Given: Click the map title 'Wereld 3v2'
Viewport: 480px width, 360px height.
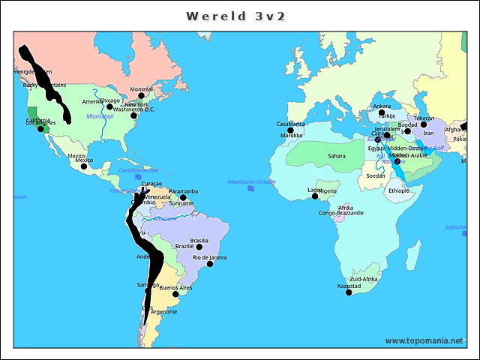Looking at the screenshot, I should click(235, 16).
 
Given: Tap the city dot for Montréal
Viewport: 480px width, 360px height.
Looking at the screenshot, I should click(141, 95).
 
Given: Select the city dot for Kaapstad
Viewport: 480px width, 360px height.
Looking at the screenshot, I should click(349, 292).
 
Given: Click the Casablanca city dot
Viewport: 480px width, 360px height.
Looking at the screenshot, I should click(290, 130).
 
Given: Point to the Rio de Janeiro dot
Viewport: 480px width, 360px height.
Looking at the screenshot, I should click(210, 263).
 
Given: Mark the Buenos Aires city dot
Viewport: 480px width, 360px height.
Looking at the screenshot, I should click(175, 294).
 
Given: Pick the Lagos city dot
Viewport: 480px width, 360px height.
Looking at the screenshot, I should click(315, 196).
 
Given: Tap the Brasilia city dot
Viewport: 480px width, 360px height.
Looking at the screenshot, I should click(199, 246).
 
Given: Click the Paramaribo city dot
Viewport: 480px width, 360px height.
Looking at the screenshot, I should click(183, 197).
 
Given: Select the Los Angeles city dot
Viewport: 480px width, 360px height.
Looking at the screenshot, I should click(41, 129).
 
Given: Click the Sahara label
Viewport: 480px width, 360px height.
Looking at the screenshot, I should click(336, 156).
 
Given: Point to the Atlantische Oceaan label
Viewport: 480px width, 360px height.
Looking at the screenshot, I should click(251, 182).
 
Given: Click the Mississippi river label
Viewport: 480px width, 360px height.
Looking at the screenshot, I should click(100, 116).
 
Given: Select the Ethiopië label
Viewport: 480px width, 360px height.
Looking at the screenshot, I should click(399, 190).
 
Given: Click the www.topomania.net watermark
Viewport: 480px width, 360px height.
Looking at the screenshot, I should click(424, 341).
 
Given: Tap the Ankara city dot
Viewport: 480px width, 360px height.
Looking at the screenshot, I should click(381, 112).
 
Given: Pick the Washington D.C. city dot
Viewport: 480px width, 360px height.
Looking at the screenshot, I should click(133, 115).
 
